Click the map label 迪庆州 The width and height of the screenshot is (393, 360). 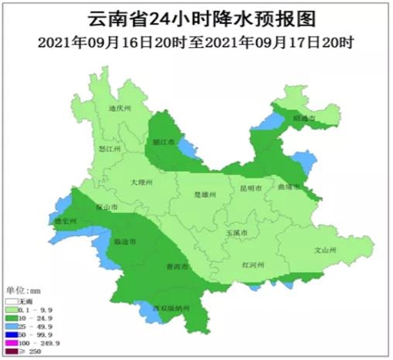tap(120, 109)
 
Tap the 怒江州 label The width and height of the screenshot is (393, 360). tap(109, 149)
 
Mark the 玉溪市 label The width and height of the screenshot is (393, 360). tap(236, 233)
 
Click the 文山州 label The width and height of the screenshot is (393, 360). tap(325, 250)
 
